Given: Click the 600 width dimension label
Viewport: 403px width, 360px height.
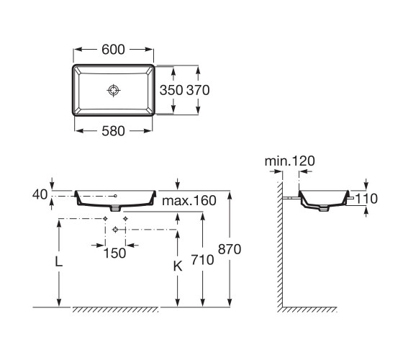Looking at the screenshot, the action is pos(113,50).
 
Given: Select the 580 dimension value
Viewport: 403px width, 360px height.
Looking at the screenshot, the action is pos(113,131).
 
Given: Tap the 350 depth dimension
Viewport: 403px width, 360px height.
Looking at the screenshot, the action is pos(171,90).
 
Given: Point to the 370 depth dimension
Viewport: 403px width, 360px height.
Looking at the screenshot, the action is pos(198,90).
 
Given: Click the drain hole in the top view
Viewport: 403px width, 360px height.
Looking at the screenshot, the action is pos(114,90).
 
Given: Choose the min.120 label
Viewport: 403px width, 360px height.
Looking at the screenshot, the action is pos(289,161).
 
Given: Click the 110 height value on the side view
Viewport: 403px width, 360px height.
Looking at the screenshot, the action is pos(366,199).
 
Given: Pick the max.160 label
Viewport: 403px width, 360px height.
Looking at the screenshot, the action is pos(189,201).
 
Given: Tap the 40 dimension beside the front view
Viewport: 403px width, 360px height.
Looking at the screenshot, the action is pos(40,194).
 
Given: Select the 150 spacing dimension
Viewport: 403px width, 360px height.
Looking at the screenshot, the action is pos(114,253).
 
